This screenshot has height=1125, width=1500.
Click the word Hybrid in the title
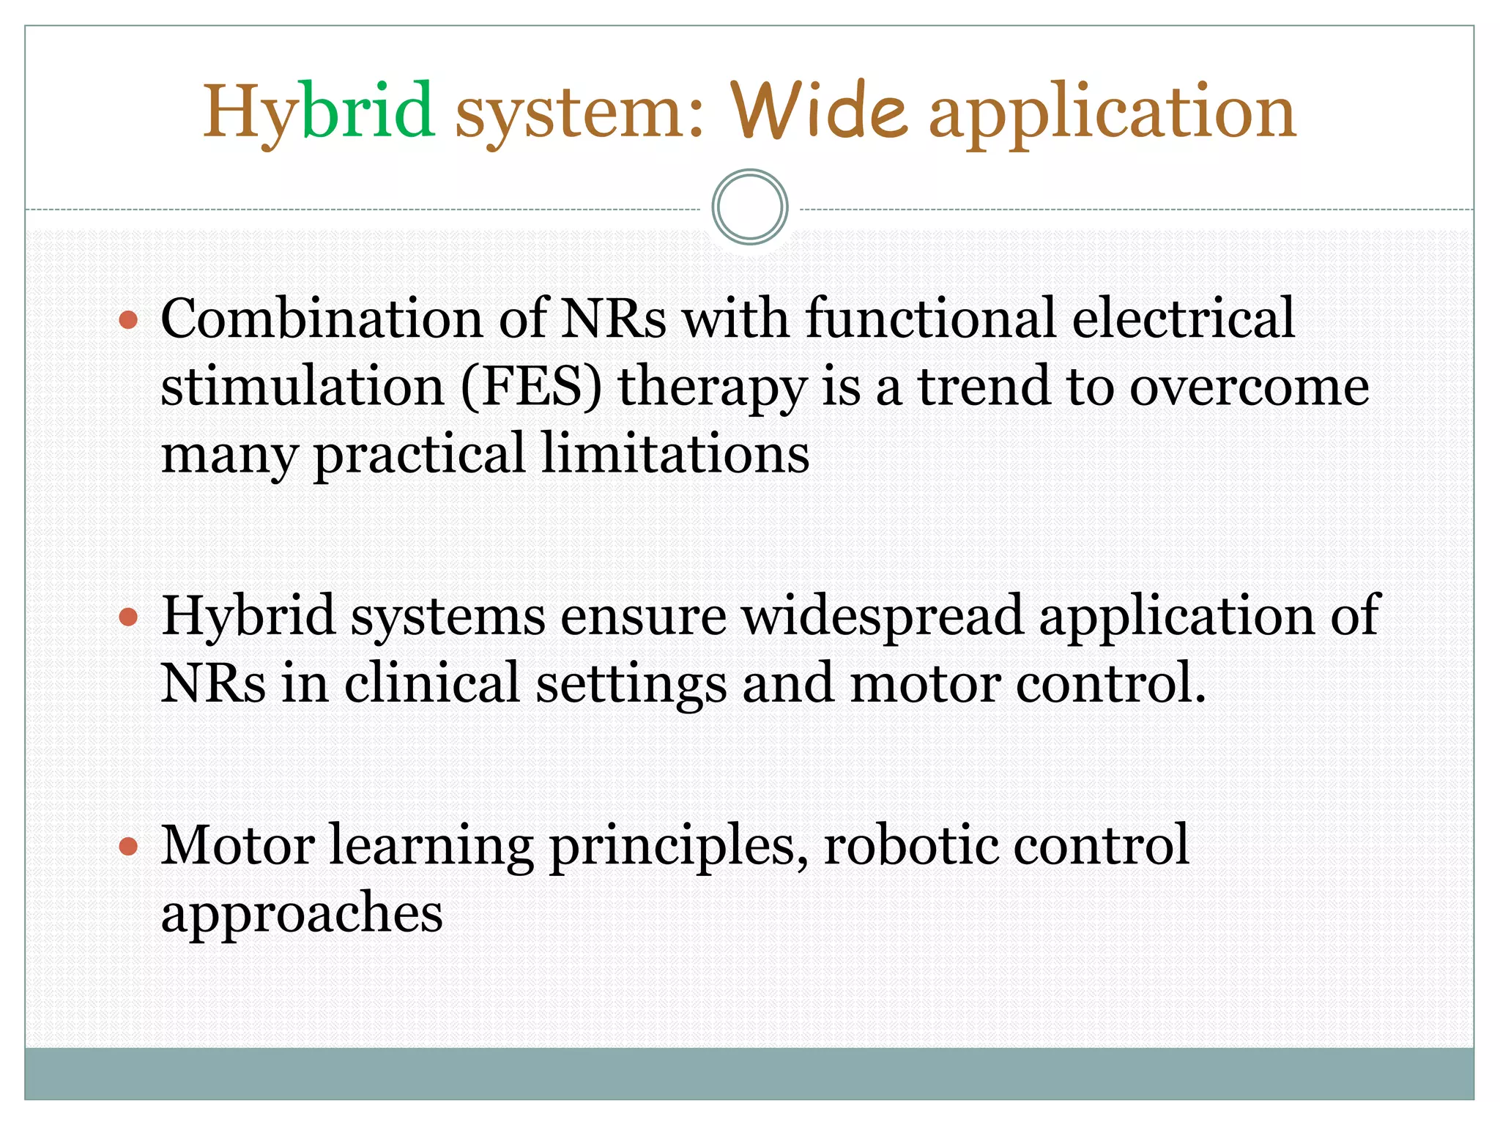(x=319, y=111)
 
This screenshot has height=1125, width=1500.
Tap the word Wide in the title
(x=820, y=111)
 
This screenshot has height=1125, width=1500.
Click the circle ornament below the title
(x=750, y=207)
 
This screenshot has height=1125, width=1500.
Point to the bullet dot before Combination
(x=128, y=320)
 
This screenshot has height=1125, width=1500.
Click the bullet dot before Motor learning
(x=128, y=847)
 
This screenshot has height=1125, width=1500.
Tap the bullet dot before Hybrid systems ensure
(x=128, y=617)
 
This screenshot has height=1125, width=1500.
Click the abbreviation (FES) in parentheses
(x=532, y=386)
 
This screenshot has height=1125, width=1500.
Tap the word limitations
(x=675, y=453)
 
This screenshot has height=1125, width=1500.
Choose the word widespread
(x=883, y=616)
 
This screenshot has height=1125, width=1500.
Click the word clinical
(x=431, y=683)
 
